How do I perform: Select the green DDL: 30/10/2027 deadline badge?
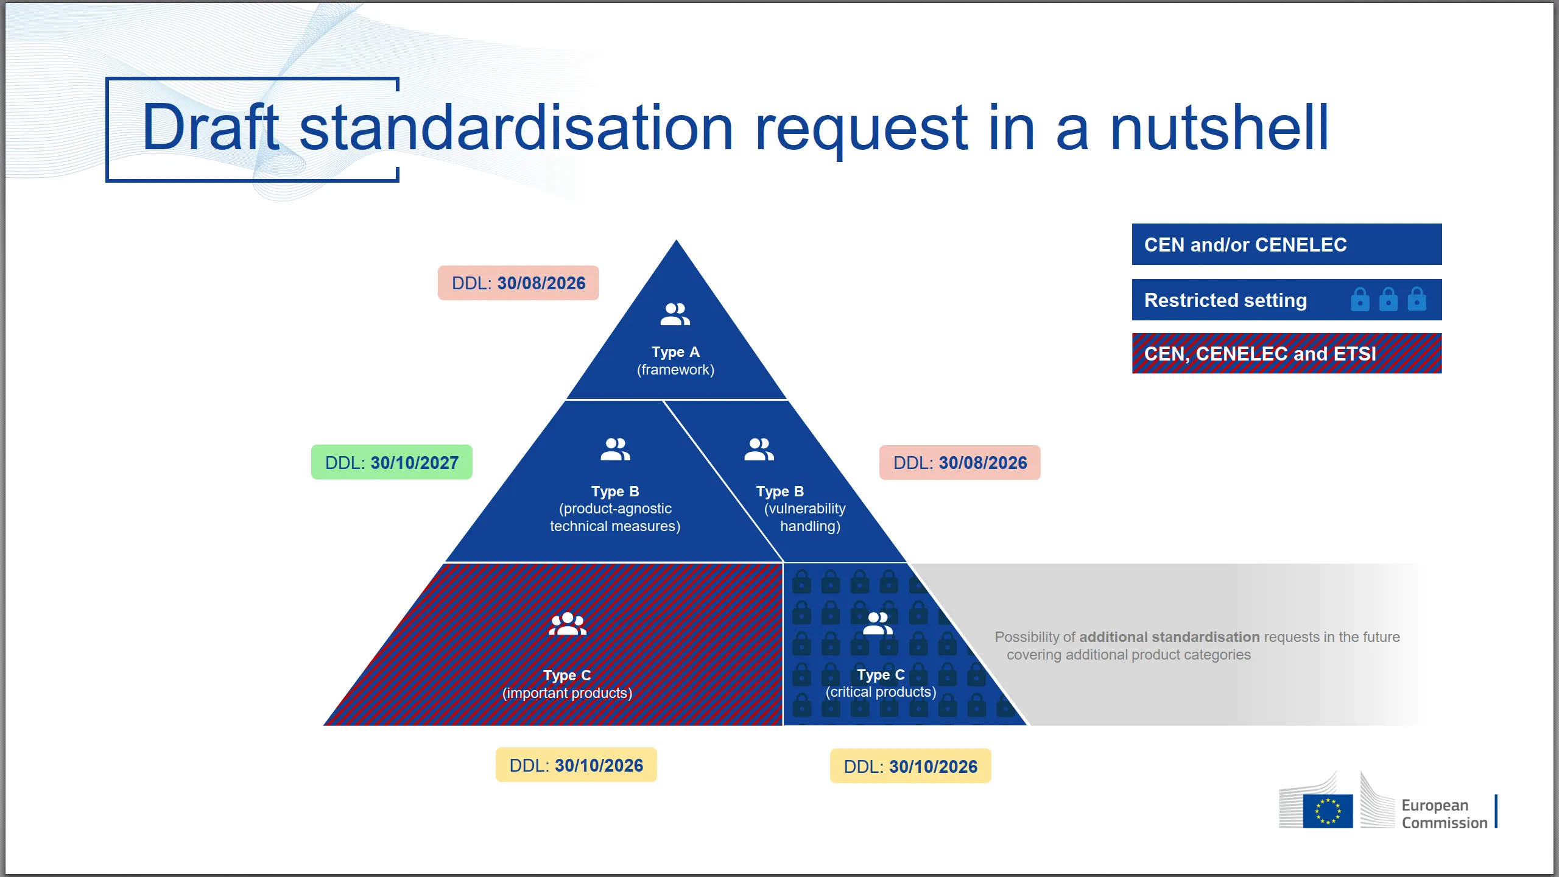pos(392,463)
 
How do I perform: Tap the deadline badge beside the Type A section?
pos(518,283)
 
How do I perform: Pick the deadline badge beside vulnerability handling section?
pos(960,463)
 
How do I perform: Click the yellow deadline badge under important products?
pos(576,766)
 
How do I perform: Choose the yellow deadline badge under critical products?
pos(910,767)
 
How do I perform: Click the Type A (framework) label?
pos(675,361)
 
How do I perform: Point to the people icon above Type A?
pos(675,314)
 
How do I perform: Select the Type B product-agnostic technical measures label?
pos(615,509)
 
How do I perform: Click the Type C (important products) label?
pos(567,684)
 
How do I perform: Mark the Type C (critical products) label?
pos(881,683)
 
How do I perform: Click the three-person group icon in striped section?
pos(567,624)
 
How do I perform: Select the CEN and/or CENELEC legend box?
pos(1286,245)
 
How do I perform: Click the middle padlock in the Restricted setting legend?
pos(1388,300)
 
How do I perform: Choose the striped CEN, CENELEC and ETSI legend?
pos(1286,354)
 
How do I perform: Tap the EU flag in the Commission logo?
pos(1328,811)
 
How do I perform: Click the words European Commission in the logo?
pos(1444,814)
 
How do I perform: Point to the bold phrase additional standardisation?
pos(1169,637)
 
